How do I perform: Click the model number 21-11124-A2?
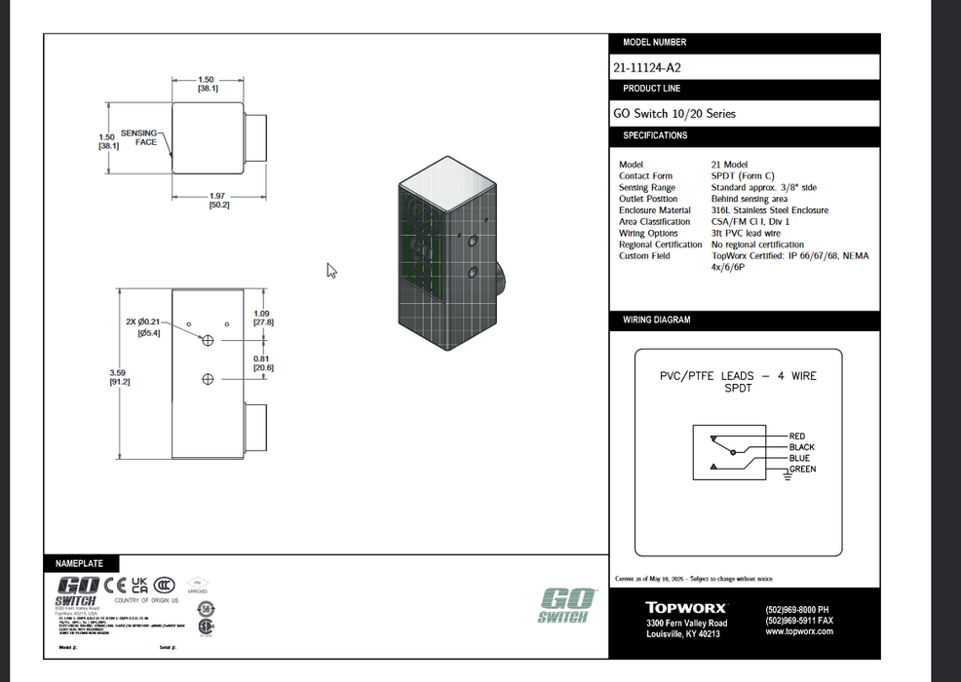tap(646, 68)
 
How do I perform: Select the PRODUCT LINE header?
tap(652, 89)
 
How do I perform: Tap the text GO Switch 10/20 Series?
tap(673, 114)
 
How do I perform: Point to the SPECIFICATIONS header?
tap(655, 135)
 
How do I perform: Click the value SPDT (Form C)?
tap(743, 176)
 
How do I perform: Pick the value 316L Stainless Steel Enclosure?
tap(769, 210)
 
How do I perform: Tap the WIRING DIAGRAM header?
tap(658, 321)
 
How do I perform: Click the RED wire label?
tap(797, 436)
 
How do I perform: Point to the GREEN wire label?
tap(802, 470)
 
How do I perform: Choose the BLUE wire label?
tap(799, 458)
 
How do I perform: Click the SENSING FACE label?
tap(139, 137)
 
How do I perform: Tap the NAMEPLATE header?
tap(79, 563)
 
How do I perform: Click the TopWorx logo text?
tap(685, 608)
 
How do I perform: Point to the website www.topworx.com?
tap(799, 631)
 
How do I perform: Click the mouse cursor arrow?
tap(331, 271)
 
